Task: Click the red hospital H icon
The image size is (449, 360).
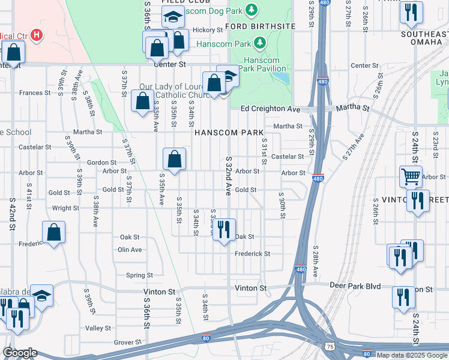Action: click(x=37, y=35)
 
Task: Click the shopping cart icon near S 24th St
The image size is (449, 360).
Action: click(x=411, y=176)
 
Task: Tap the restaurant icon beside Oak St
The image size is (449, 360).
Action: click(x=223, y=229)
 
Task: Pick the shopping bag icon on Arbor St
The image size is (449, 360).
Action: click(x=174, y=160)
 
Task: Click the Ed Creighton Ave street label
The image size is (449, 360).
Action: click(x=270, y=109)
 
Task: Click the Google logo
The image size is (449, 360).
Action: click(x=20, y=353)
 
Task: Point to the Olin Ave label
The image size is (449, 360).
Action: click(x=130, y=250)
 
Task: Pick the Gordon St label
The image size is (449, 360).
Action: click(x=101, y=163)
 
